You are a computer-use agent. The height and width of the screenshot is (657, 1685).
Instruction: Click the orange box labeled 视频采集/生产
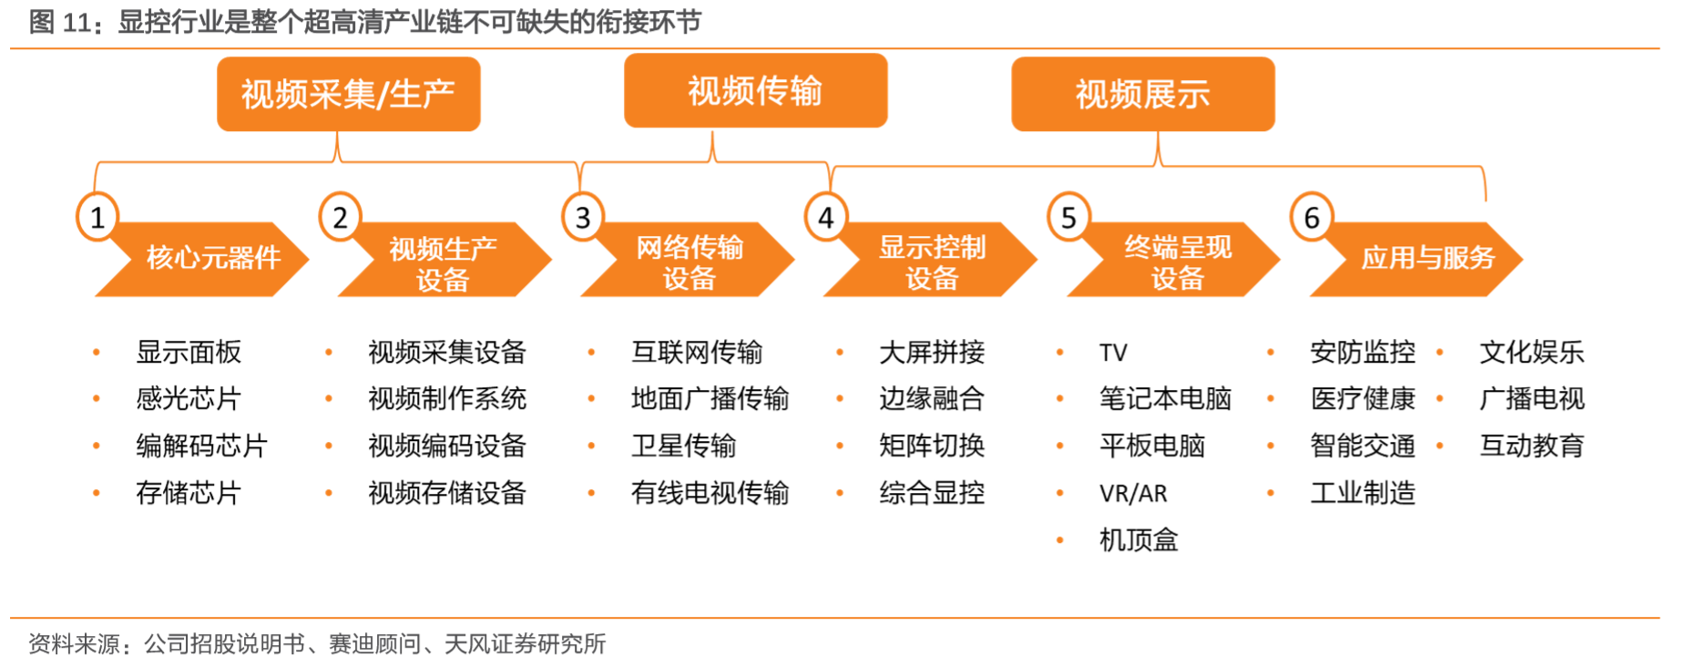click(x=348, y=94)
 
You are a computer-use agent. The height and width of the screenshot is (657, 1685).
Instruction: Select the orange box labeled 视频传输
click(x=755, y=90)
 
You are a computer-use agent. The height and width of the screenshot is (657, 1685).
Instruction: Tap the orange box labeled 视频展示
click(x=1143, y=94)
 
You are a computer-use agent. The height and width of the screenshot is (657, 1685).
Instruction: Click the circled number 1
click(x=97, y=217)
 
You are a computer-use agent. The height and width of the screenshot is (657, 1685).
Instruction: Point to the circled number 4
click(x=826, y=217)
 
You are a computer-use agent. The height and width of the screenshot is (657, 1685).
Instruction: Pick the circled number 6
click(x=1312, y=217)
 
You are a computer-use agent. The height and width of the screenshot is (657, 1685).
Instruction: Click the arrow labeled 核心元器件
click(x=202, y=259)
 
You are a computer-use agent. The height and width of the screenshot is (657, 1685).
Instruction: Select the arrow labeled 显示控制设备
click(x=931, y=259)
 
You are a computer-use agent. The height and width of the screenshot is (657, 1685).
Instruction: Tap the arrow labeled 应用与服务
click(x=1416, y=259)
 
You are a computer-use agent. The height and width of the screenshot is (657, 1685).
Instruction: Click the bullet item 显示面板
click(x=189, y=352)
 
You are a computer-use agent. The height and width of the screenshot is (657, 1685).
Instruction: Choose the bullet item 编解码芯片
click(x=201, y=446)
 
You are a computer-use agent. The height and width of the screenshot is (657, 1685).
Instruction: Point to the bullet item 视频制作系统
click(x=447, y=398)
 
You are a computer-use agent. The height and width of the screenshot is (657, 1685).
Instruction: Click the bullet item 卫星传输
click(x=683, y=446)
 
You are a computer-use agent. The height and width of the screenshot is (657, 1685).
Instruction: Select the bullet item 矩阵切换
click(x=932, y=446)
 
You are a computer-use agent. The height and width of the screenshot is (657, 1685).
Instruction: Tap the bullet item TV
click(x=1113, y=353)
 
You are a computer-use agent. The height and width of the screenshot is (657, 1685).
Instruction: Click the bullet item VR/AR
click(x=1133, y=494)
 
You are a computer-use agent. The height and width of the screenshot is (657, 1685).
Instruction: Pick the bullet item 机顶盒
click(x=1139, y=540)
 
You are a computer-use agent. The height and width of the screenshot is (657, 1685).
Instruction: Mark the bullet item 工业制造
click(x=1363, y=493)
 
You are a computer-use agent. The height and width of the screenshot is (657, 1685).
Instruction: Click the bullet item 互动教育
click(x=1532, y=446)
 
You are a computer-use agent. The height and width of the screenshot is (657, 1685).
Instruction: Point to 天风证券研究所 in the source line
click(x=526, y=644)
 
